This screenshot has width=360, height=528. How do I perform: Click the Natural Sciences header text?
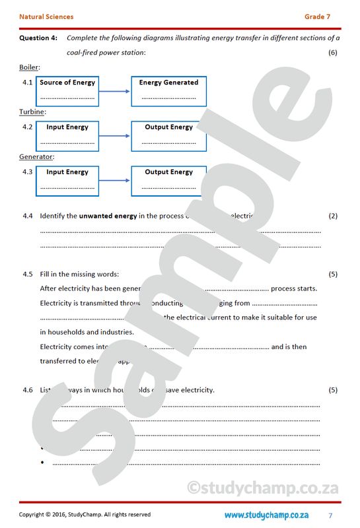click(46, 16)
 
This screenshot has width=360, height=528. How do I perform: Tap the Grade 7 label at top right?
click(318, 16)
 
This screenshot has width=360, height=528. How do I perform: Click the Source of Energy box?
click(67, 91)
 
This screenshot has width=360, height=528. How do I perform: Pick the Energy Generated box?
click(168, 91)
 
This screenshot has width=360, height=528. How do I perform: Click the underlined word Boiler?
click(29, 67)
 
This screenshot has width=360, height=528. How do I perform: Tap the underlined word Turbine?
click(32, 112)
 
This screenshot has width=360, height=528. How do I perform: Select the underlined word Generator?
click(36, 157)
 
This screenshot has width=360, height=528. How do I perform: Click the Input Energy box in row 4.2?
click(67, 136)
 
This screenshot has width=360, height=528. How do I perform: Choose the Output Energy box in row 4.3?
click(168, 181)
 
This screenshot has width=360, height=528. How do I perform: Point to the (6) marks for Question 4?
click(332, 53)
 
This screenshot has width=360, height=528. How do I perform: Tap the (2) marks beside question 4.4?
click(332, 216)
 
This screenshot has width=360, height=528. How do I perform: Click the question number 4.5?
click(27, 274)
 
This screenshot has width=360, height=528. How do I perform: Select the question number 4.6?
click(27, 390)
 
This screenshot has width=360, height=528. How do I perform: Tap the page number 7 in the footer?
click(330, 515)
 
